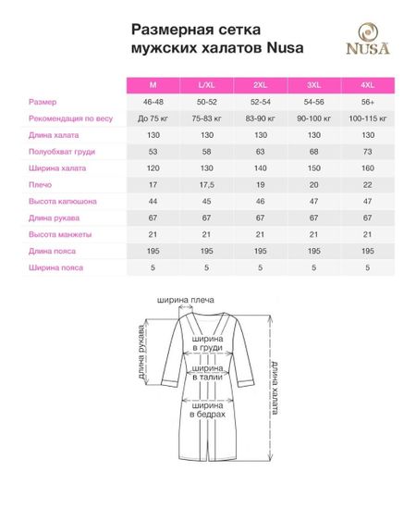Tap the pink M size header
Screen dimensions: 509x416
(x=153, y=85)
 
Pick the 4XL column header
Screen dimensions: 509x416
(x=367, y=85)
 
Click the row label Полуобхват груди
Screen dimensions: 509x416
(x=56, y=151)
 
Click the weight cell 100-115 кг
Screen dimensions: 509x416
(x=367, y=118)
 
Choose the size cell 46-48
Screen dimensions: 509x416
(x=153, y=102)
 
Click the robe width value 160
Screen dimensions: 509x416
(x=367, y=168)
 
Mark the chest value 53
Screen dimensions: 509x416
(x=153, y=151)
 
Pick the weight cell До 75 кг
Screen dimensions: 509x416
(x=153, y=118)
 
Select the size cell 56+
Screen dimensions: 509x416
(x=367, y=102)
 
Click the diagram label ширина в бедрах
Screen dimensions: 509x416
(x=207, y=408)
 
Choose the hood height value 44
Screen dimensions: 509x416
(x=153, y=201)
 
